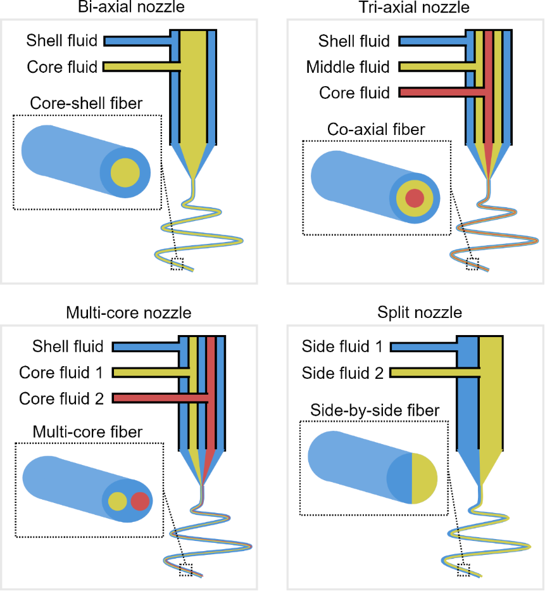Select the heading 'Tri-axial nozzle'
tap(414, 8)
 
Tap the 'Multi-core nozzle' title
tap(128, 313)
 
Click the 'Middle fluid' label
tap(348, 67)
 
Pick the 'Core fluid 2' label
tap(61, 398)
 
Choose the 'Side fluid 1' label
tap(342, 347)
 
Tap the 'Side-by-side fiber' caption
tap(375, 410)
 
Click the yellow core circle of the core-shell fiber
tap(125, 173)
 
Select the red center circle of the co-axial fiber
tap(414, 198)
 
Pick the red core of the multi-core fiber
tap(140, 502)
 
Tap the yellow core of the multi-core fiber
tap(117, 502)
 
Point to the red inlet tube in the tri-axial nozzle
tap(437, 93)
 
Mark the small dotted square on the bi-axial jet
tap(177, 264)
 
